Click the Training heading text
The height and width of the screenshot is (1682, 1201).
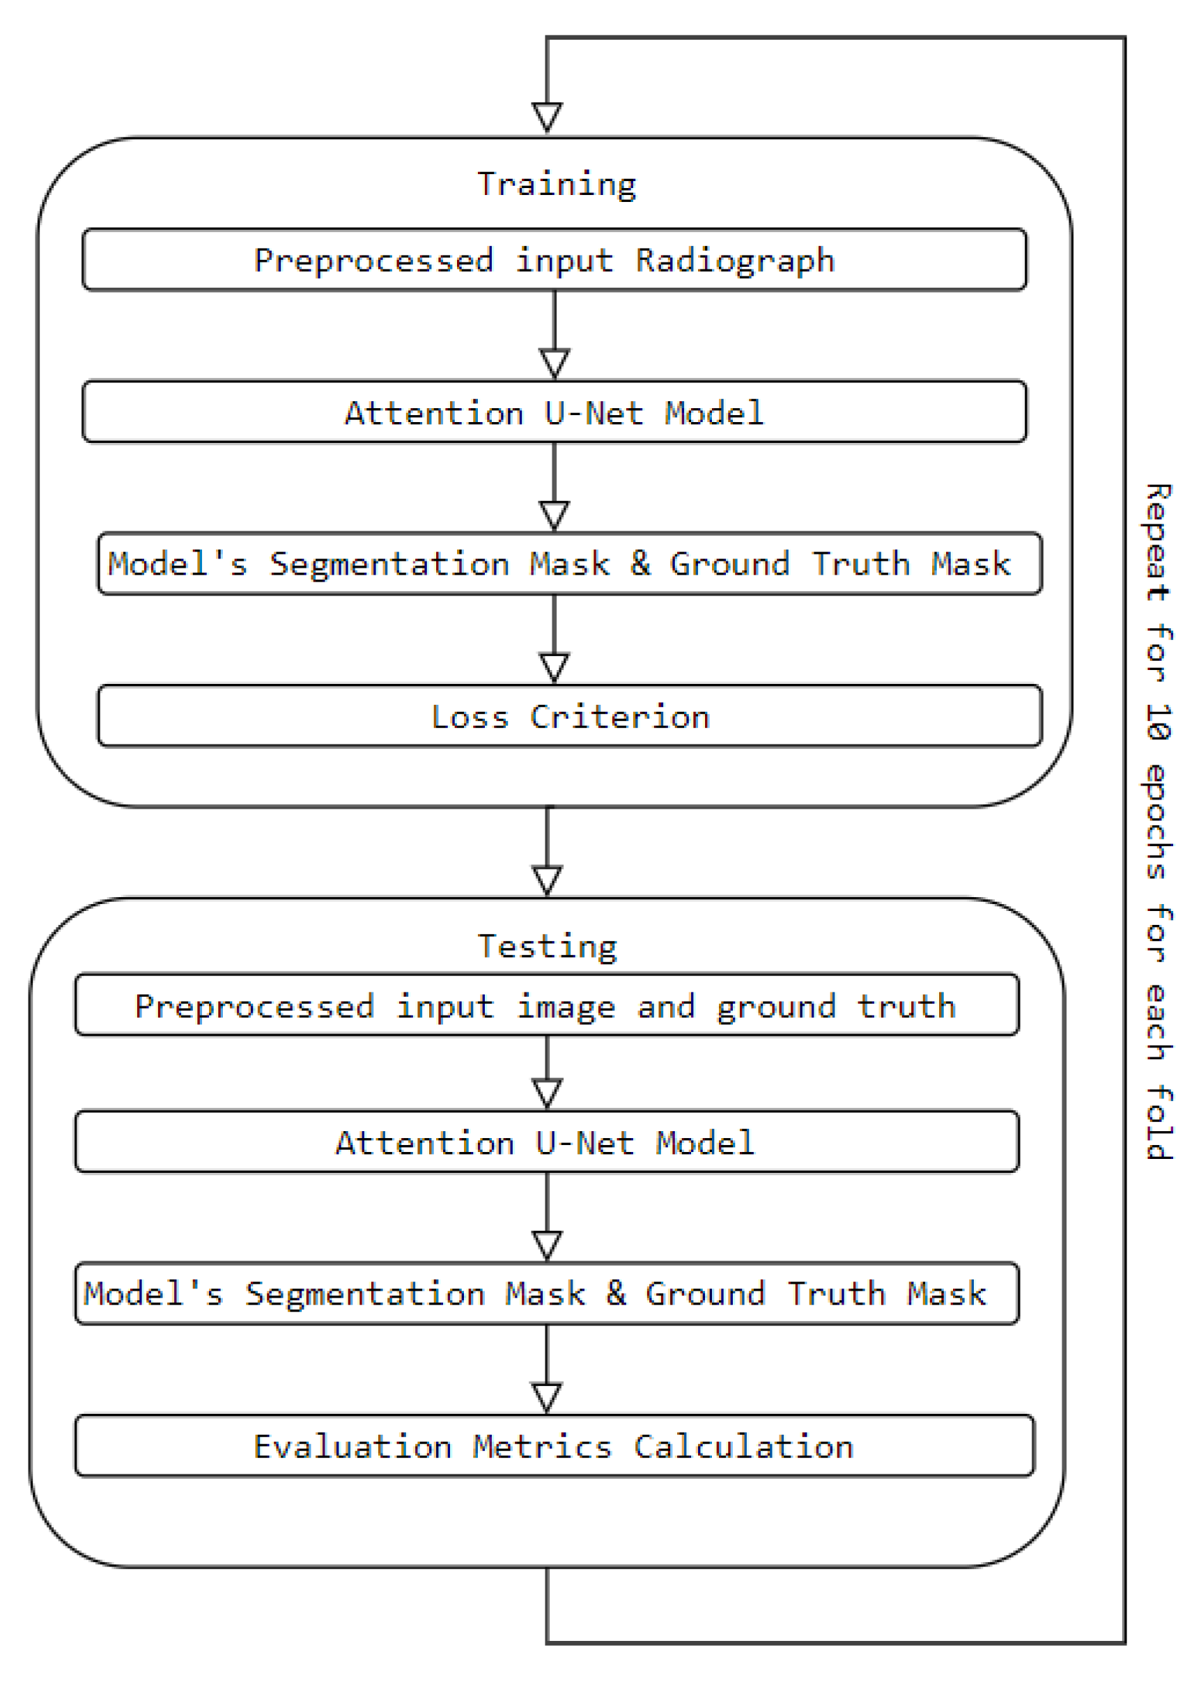coord(556,184)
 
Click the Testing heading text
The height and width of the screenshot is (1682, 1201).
coord(548,947)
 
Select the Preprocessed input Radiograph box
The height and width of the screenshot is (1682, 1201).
coord(554,260)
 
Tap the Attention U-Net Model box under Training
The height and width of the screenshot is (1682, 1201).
coord(554,412)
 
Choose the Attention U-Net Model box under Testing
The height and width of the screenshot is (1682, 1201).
coord(547,1142)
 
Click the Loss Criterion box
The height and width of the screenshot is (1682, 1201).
coord(569,717)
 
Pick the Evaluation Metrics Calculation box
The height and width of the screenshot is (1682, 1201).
coord(554,1446)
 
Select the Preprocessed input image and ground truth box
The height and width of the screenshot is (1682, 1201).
coord(547,1006)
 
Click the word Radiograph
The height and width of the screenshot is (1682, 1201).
coord(735,261)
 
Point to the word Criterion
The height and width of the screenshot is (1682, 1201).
coord(620,717)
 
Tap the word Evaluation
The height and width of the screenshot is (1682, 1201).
coord(352,1447)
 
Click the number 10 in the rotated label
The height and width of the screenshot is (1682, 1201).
coord(1158,722)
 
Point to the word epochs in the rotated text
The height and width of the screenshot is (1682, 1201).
coord(1158,821)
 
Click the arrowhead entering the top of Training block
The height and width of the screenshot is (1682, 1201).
coord(548,117)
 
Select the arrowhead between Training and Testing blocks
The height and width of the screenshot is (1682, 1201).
coord(548,879)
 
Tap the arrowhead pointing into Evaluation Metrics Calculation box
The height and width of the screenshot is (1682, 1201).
coord(547,1396)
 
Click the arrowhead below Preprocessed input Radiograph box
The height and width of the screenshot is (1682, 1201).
coord(554,362)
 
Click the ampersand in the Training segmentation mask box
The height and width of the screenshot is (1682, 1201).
coord(640,563)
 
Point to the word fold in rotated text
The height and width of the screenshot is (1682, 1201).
coord(1158,1122)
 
